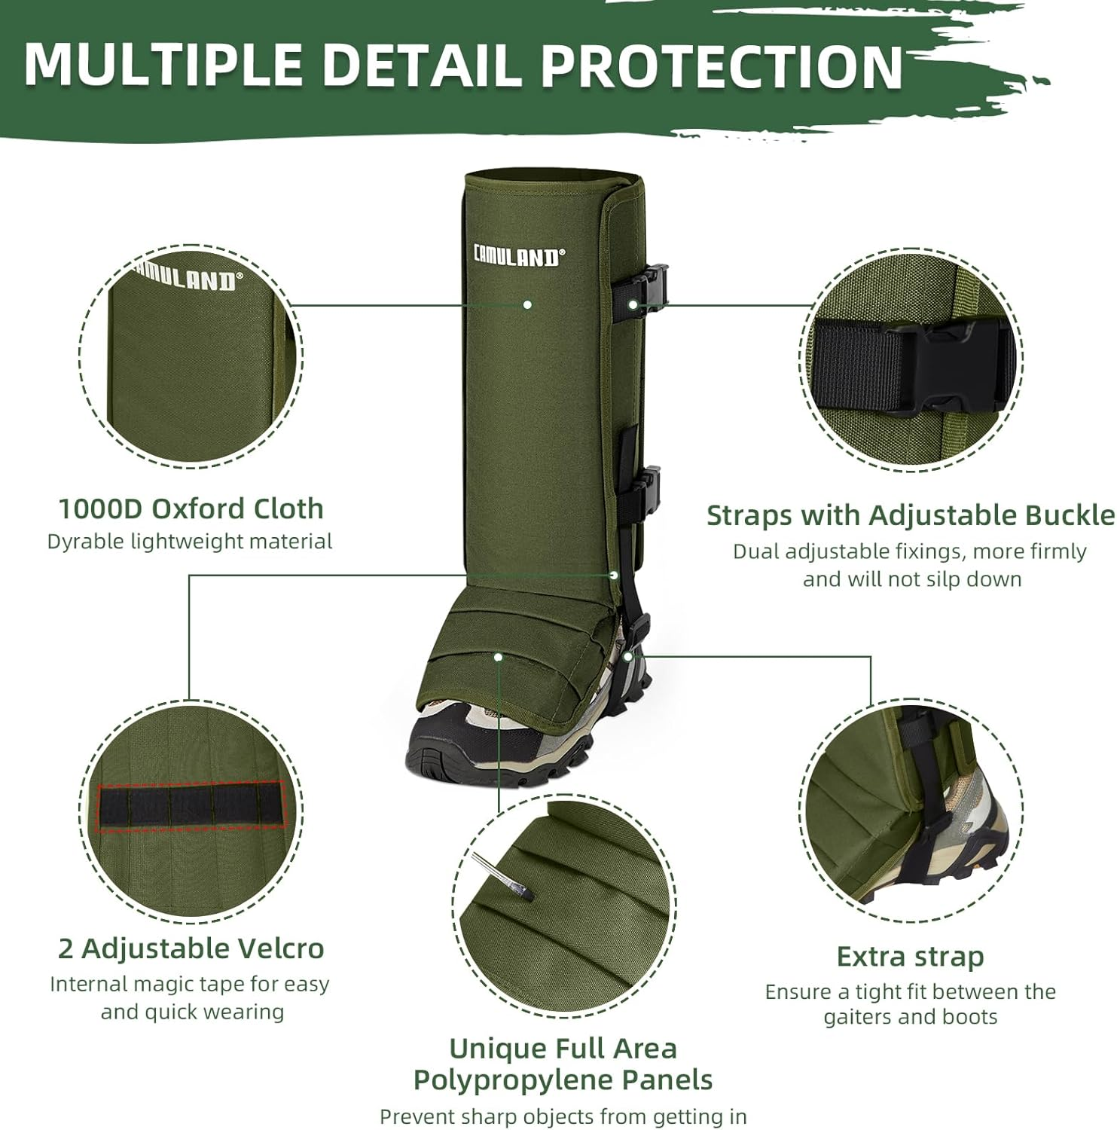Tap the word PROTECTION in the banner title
[x=722, y=66]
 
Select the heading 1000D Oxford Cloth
[x=191, y=508]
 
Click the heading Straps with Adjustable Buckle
[x=910, y=515]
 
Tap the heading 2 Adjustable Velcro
[x=191, y=948]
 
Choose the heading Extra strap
[x=910, y=957]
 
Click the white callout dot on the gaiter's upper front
[x=527, y=304]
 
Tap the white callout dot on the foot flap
[x=498, y=657]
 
